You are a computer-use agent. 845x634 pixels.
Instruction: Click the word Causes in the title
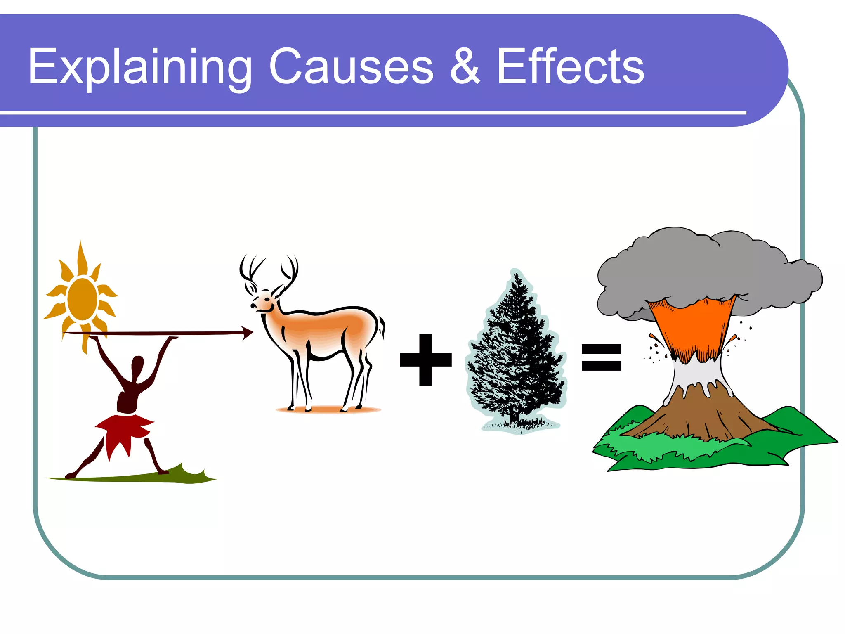(351, 67)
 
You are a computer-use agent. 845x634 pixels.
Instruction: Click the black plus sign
(426, 360)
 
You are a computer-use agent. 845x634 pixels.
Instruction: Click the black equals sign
(601, 357)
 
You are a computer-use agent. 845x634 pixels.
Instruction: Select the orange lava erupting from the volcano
(693, 326)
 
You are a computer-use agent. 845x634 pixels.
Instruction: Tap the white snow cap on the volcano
(697, 374)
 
